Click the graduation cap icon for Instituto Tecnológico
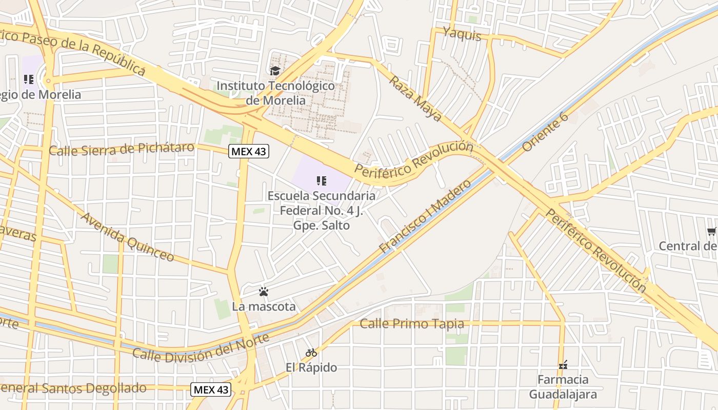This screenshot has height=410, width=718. tap(275, 71)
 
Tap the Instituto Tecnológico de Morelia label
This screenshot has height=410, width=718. tap(275, 93)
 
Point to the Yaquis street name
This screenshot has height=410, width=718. tap(462, 34)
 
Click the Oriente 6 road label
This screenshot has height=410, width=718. tap(545, 132)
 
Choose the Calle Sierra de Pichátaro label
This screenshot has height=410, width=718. tap(122, 149)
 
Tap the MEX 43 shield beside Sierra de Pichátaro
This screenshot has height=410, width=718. tap(249, 151)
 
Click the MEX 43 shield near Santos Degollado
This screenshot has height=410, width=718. tap(211, 389)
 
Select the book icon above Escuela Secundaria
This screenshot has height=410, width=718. tap(322, 180)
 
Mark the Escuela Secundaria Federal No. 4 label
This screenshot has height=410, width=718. tap(322, 210)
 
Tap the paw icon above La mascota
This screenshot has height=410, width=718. tap(264, 292)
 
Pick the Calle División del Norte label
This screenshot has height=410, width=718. tap(201, 348)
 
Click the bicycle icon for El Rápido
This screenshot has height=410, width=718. tap(311, 353)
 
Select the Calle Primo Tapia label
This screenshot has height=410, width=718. tap(412, 324)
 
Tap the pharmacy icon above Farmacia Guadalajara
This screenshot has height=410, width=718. tap(563, 365)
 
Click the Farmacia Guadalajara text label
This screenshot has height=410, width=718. tap(563, 387)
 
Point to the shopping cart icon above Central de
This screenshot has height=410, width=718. tap(712, 232)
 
